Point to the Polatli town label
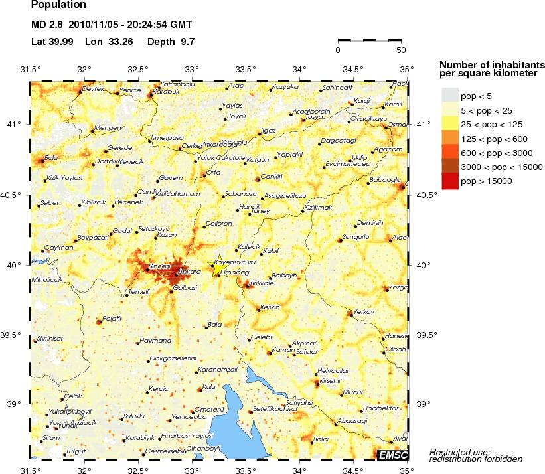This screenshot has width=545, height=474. click(x=113, y=319)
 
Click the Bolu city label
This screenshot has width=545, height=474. click(x=51, y=158)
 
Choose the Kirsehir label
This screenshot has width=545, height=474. click(x=330, y=381)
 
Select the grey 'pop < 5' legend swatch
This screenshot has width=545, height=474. click(x=449, y=96)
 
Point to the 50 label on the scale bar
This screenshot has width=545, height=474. click(x=400, y=50)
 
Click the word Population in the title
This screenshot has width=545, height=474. click(x=58, y=5)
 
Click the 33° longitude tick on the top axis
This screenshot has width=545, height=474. click(x=192, y=70)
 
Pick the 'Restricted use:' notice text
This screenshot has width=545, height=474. click(x=459, y=451)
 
